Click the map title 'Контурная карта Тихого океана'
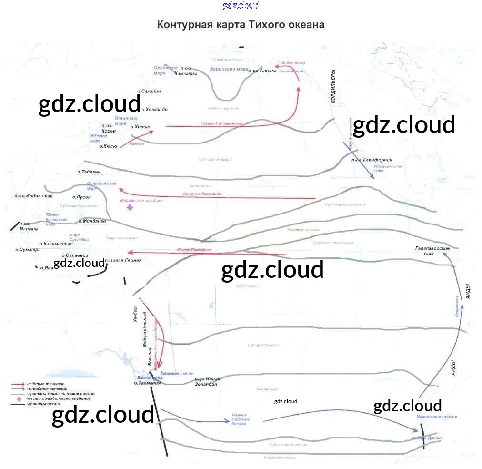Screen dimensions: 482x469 [241, 25]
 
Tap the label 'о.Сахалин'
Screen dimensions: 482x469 [149, 91]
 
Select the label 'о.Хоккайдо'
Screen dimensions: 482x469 [154, 109]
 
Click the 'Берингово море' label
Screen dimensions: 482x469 [229, 69]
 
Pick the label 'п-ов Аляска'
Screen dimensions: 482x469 [262, 71]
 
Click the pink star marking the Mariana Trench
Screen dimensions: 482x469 [130, 207]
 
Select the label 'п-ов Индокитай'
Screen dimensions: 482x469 [33, 195]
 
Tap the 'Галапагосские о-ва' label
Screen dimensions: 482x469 [432, 251]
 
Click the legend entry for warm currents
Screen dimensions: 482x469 [46, 384]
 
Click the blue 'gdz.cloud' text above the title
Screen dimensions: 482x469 [241, 5]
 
